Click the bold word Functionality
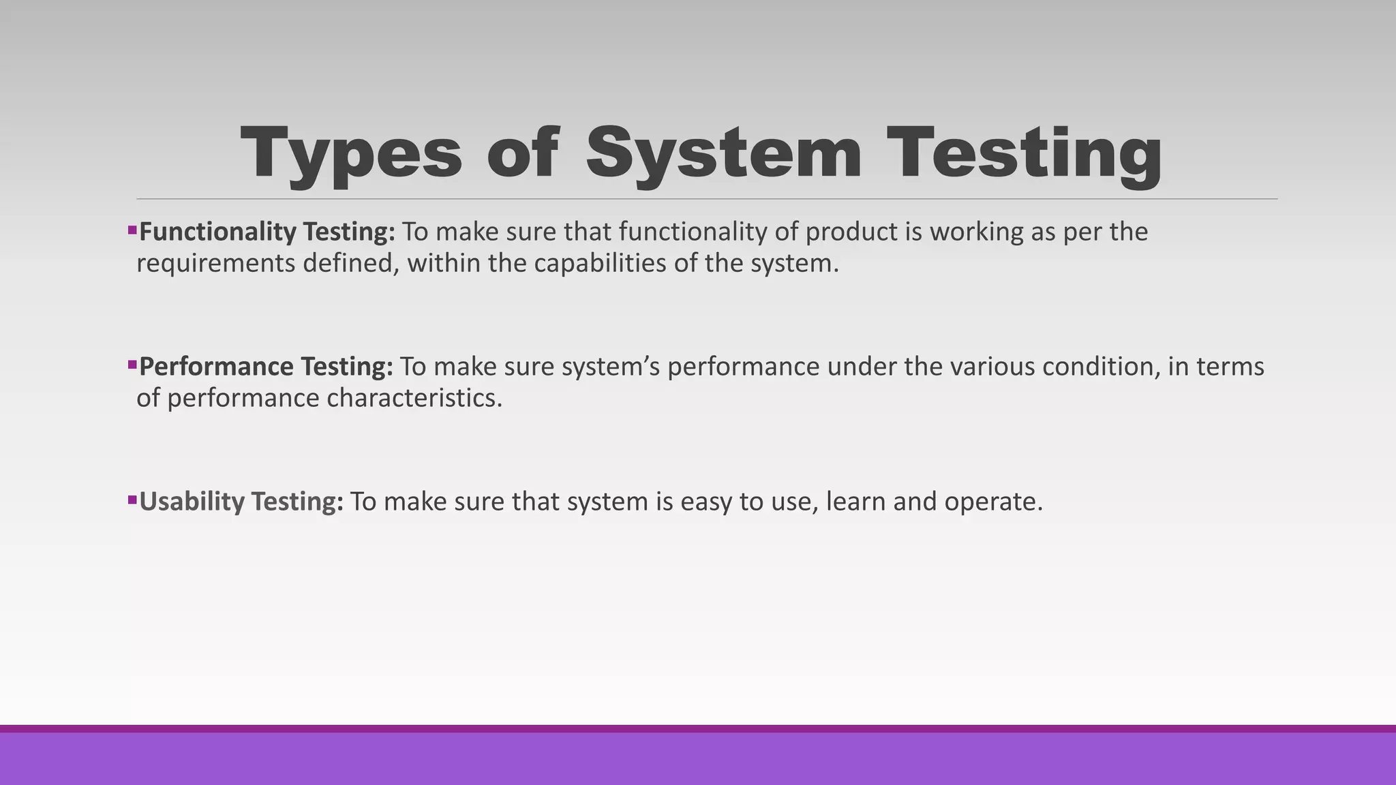pyautogui.click(x=218, y=232)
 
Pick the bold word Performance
pyautogui.click(x=217, y=367)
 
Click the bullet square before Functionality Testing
pyautogui.click(x=132, y=230)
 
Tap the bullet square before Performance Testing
pyautogui.click(x=132, y=365)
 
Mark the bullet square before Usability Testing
pyautogui.click(x=132, y=499)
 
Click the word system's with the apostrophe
pyautogui.click(x=611, y=367)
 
